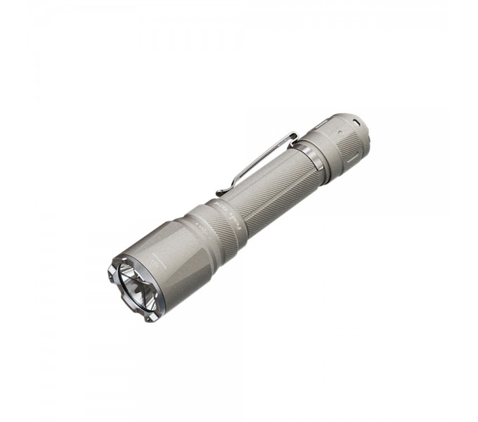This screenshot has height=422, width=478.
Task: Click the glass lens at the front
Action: coord(134,284)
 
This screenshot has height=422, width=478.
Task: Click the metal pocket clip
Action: coord(260,158)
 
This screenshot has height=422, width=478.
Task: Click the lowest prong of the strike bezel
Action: coord(148,316)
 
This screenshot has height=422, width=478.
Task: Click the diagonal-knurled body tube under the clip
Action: coord(274,179)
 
